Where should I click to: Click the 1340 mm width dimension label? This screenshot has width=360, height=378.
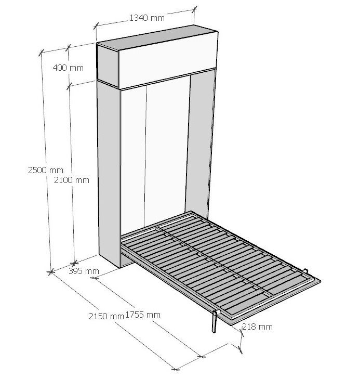tap(147, 18)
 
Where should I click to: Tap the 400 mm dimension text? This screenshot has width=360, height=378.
tap(68, 68)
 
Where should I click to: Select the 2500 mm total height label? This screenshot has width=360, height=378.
tap(46, 170)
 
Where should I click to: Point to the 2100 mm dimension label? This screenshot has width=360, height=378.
tap(72, 180)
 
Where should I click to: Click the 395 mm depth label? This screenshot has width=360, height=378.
tap(84, 271)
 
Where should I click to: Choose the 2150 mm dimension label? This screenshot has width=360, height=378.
tap(106, 316)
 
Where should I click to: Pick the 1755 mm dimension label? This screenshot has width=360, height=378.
tap(143, 315)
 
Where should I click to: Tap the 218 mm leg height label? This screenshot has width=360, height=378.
tap(258, 327)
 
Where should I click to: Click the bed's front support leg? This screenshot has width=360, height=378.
tap(215, 322)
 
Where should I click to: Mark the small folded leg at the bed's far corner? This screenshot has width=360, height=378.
tap(306, 271)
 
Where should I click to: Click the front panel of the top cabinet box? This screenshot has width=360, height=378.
tap(168, 60)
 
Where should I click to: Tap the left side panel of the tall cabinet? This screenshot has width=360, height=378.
tap(109, 174)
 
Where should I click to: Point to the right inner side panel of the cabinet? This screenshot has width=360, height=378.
tap(199, 142)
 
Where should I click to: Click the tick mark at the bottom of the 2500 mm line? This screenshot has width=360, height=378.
tap(50, 272)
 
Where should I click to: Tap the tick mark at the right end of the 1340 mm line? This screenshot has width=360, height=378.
tap(195, 9)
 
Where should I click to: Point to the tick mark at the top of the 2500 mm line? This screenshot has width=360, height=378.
tap(42, 52)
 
